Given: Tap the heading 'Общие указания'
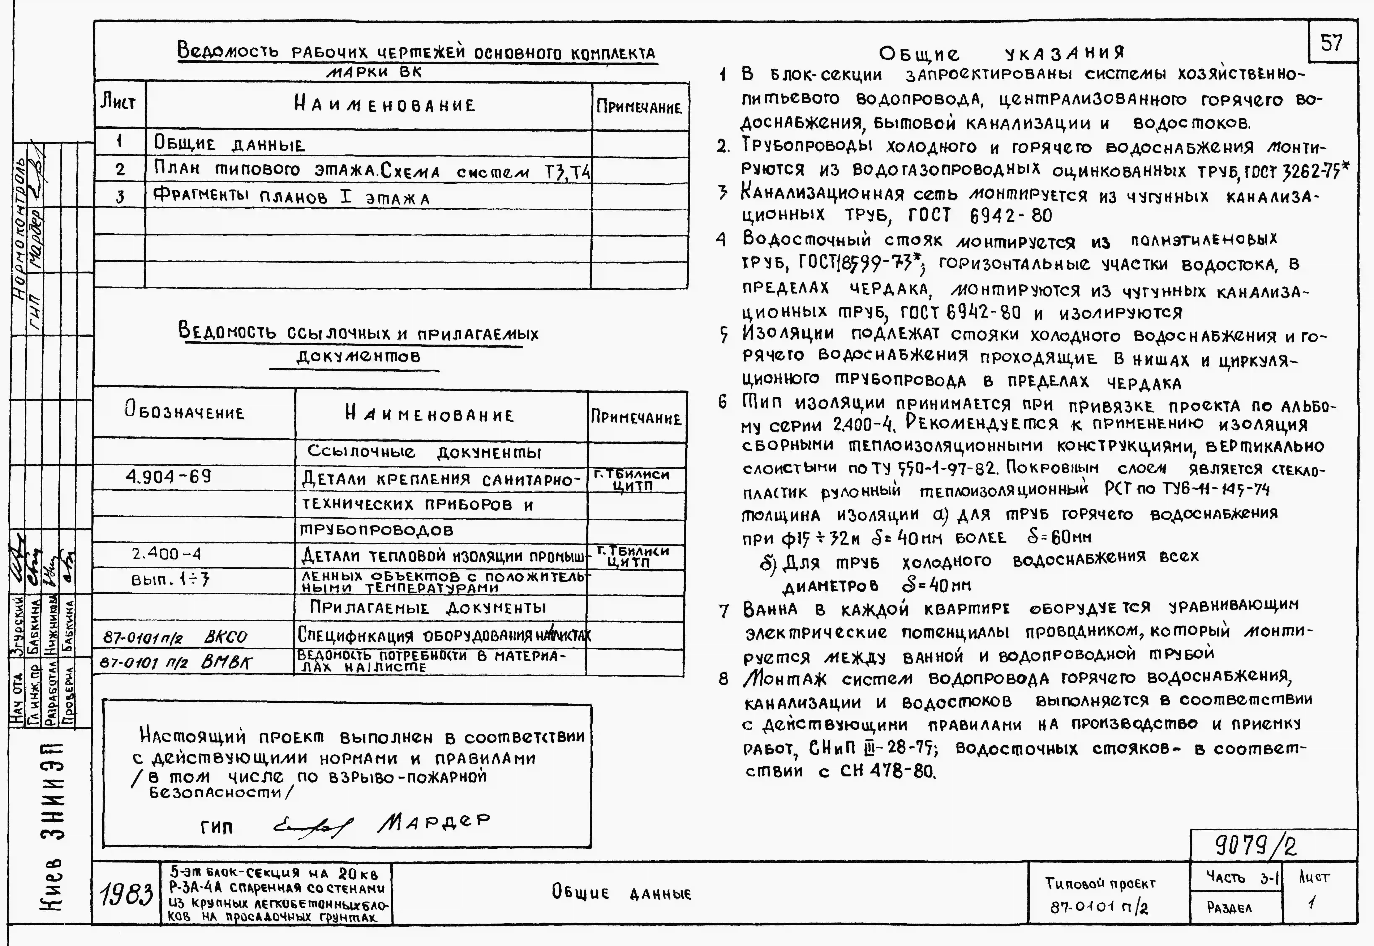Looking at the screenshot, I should pos(1001,53).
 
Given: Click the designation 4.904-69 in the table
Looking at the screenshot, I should pos(168,477).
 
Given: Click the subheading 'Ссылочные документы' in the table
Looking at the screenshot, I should pos(424,452).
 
